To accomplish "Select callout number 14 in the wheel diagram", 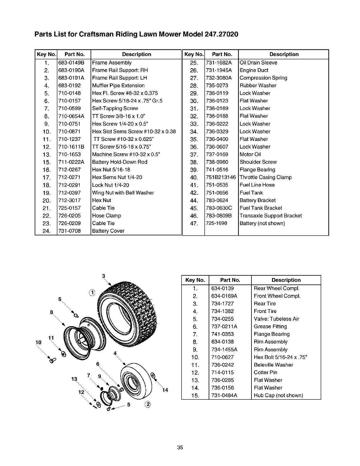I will tap(165, 390).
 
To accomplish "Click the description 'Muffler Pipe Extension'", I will tap(118, 86).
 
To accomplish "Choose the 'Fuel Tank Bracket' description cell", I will tap(261, 208).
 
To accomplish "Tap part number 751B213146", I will tap(221, 177).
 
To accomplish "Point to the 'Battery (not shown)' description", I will tap(262, 223).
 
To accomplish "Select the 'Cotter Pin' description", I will tap(265, 372).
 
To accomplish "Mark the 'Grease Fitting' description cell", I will tap(270, 327).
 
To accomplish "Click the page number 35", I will tap(180, 448).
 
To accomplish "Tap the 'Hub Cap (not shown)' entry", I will tap(278, 395).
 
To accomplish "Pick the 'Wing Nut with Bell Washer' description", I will tap(123, 193).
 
